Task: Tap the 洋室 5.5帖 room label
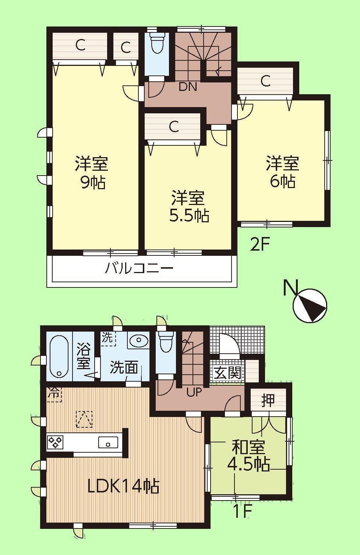(x=188, y=207)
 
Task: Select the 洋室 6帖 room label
(x=283, y=172)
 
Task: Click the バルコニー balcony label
(x=139, y=268)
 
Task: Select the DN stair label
(x=188, y=87)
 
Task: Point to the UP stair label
(x=194, y=392)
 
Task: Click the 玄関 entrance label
(x=228, y=373)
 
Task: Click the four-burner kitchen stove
(x=55, y=442)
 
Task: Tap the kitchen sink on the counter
(x=108, y=442)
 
